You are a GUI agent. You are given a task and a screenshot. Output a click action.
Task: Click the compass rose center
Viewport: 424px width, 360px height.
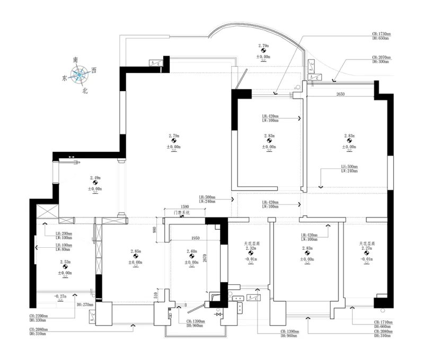80,76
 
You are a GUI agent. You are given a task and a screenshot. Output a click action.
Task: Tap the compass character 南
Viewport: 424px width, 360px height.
76,61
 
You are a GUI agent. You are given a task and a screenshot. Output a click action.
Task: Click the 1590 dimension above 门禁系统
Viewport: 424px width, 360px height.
185,206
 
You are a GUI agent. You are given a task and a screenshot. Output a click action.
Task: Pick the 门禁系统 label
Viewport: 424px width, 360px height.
181,213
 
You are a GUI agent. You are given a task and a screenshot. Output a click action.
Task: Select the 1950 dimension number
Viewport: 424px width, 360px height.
196,239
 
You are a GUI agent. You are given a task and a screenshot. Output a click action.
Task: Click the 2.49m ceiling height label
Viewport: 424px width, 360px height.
95,178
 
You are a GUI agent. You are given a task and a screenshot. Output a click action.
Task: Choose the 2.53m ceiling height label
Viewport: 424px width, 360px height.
65,262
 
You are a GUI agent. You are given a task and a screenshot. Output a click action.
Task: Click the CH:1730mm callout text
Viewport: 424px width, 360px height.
382,34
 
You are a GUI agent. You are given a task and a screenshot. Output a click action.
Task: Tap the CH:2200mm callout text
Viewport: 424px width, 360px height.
40,316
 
